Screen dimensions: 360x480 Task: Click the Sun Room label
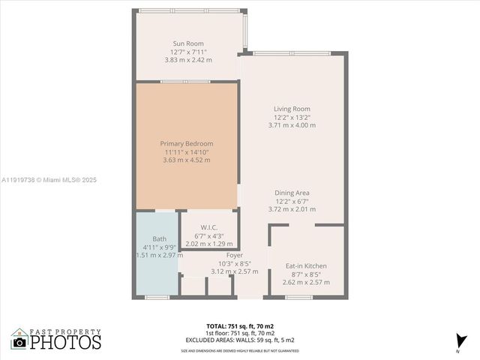(187, 43)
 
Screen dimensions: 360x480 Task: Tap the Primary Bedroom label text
(187, 143)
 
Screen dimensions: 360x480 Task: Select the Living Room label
(292, 109)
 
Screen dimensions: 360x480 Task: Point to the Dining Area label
(292, 193)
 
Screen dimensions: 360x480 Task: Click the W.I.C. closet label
(209, 227)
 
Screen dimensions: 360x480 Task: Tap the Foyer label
(235, 255)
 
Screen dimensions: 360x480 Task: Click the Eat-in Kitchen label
(306, 265)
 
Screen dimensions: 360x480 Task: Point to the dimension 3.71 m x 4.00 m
(292, 125)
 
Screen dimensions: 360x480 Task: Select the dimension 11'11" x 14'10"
(187, 151)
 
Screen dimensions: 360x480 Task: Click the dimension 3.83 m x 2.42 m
(188, 60)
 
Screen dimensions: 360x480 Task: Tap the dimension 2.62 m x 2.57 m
(306, 282)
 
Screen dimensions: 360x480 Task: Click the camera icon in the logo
(19, 343)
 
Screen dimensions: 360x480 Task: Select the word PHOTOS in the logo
(64, 342)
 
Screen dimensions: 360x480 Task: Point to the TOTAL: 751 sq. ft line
(240, 325)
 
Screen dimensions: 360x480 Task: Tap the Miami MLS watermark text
(49, 180)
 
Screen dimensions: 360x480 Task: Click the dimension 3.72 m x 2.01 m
(292, 209)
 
